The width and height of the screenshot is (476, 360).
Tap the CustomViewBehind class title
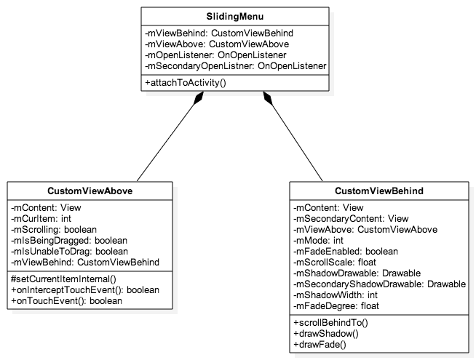tap(378, 191)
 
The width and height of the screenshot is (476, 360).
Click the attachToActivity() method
tap(186, 83)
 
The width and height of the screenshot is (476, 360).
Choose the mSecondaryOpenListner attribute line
tap(235, 65)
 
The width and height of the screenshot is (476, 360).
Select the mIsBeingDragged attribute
tap(69, 240)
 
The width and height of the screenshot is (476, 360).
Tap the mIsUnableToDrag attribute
tap(69, 251)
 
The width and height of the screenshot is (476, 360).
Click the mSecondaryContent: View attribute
tap(350, 218)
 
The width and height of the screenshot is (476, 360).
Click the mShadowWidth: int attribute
tap(336, 295)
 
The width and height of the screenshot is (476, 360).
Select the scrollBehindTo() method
tap(332, 322)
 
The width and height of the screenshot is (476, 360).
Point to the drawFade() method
tap(321, 344)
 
